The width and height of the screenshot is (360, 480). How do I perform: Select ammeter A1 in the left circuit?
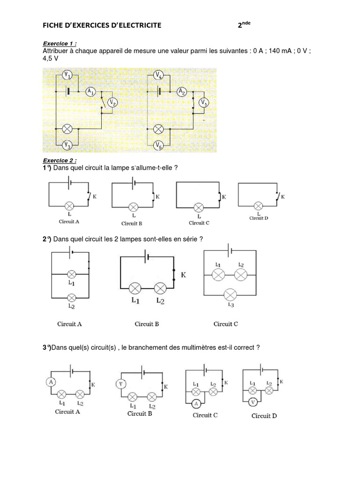[x=91, y=92]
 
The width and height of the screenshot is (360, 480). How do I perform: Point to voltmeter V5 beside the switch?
[x=204, y=103]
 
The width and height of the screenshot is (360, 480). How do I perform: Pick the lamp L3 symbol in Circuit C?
[x=230, y=294]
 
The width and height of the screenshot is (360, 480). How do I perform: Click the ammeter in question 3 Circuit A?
[x=51, y=382]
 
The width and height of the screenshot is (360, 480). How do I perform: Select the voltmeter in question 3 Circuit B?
[x=120, y=384]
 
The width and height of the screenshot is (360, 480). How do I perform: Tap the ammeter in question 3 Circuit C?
[x=197, y=404]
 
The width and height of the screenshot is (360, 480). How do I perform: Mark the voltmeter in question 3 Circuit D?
[x=253, y=402]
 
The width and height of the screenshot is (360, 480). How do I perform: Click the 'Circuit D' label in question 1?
[x=258, y=218]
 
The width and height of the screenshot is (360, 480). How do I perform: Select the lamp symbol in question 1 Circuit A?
[x=69, y=206]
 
